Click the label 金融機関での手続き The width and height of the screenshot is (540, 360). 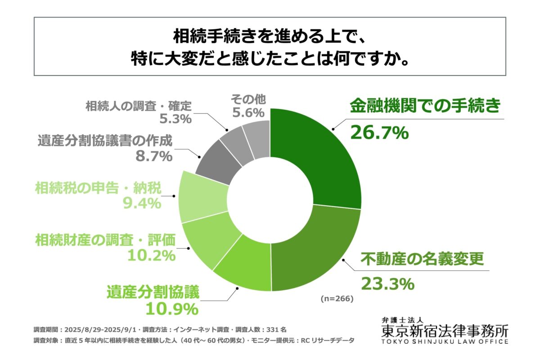pos(425,106)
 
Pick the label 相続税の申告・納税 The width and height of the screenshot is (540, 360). pos(98,188)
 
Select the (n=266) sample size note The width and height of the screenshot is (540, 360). pos(337,298)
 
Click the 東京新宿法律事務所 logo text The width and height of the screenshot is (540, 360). pos(445,331)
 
